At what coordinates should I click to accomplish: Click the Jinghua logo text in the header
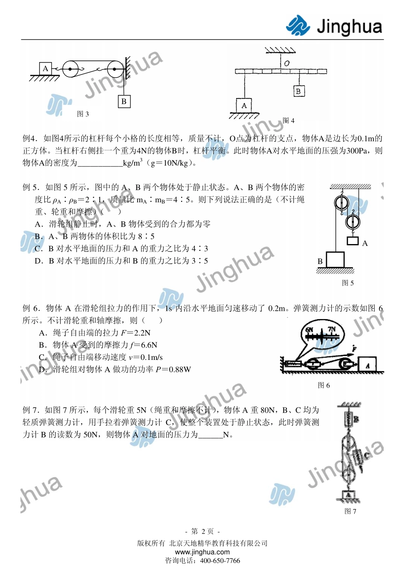tap(349, 26)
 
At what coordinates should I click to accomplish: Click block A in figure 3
tap(46, 69)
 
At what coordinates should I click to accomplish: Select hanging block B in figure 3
tap(124, 101)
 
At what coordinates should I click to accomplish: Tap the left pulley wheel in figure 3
tap(70, 69)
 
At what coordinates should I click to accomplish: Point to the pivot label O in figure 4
tap(286, 63)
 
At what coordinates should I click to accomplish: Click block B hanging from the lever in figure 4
tap(298, 91)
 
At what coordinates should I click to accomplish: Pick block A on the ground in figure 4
tap(244, 105)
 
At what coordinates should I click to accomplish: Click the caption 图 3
tap(83, 114)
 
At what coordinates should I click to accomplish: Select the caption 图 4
tap(289, 121)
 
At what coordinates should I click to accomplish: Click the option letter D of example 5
tap(39, 261)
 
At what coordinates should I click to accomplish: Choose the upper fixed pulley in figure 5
tap(341, 202)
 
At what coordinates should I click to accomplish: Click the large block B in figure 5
tap(335, 260)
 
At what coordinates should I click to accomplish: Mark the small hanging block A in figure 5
tap(353, 241)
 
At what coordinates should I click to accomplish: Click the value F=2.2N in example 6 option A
tap(136, 333)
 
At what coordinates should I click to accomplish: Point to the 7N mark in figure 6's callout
tap(332, 329)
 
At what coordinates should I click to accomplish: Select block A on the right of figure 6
tap(367, 365)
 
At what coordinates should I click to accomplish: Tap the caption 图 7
tap(350, 512)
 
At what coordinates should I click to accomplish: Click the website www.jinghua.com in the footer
tap(202, 552)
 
